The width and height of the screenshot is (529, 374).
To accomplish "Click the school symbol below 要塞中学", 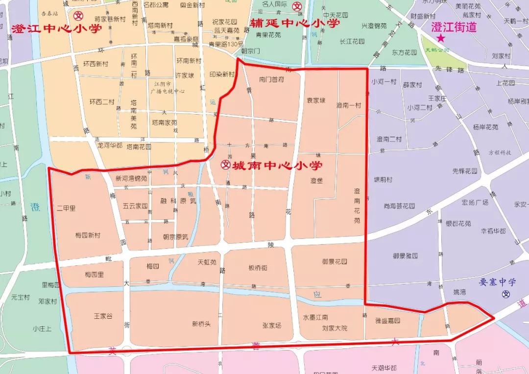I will pyautogui.click(x=506, y=295).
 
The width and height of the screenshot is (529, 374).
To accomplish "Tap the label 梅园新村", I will pyautogui.click(x=88, y=235).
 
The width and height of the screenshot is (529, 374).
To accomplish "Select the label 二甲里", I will pyautogui.click(x=67, y=208).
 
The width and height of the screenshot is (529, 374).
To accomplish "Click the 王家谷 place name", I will pyautogui.click(x=103, y=316).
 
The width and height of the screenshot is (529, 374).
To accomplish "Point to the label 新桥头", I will pyautogui.click(x=201, y=324).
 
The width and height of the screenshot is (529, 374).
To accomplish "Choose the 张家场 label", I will pyautogui.click(x=272, y=326).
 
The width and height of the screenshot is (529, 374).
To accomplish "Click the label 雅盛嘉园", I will pyautogui.click(x=387, y=321).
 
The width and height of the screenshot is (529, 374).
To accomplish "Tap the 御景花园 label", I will pyautogui.click(x=335, y=261).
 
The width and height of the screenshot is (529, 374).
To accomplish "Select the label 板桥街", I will pyautogui.click(x=258, y=268).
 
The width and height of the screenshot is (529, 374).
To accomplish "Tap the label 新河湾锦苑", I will pyautogui.click(x=131, y=179).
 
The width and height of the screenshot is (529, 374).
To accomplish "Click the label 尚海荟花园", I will pyautogui.click(x=399, y=206).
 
